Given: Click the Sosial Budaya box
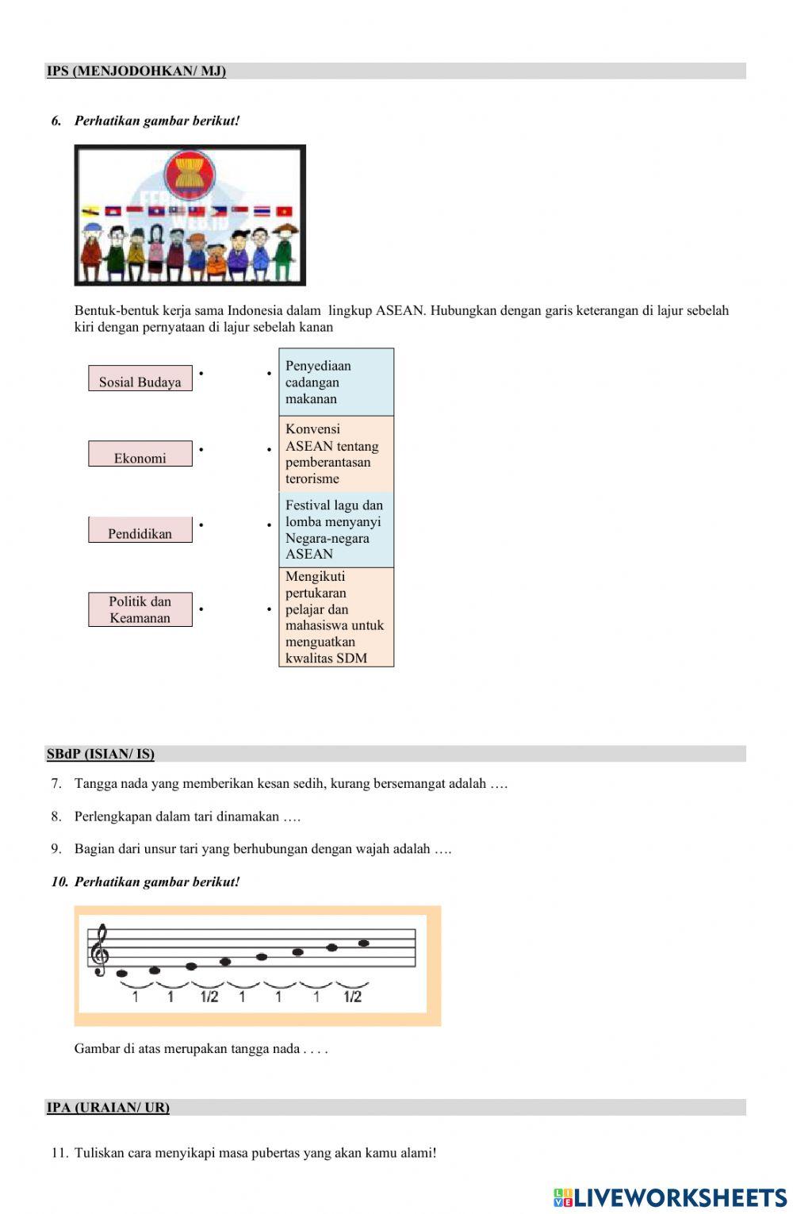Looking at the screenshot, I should (140, 378).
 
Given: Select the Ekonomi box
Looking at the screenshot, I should (140, 454).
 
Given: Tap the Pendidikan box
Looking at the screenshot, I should (140, 530).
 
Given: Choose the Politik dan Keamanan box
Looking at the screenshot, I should (140, 609).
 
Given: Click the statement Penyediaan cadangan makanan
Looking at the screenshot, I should (336, 382).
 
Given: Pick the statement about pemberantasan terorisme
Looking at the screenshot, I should (336, 454).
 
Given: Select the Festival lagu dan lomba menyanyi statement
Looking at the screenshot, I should (336, 529).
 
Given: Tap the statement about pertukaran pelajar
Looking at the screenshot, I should (336, 617).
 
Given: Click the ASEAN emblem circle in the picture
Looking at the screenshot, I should (190, 173).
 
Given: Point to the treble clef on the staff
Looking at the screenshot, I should (100, 950).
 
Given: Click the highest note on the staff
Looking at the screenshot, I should (364, 943).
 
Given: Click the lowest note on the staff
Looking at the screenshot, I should (122, 974).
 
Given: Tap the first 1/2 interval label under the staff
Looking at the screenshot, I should (209, 997).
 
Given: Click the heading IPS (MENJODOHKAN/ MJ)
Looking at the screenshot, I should (136, 71).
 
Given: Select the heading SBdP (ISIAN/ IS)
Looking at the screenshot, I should (101, 754).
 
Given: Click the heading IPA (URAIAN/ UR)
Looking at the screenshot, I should (108, 1108).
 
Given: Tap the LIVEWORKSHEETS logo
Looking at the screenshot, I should (670, 1197).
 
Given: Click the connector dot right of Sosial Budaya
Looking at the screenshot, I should (201, 373).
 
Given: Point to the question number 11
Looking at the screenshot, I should (59, 1153).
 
